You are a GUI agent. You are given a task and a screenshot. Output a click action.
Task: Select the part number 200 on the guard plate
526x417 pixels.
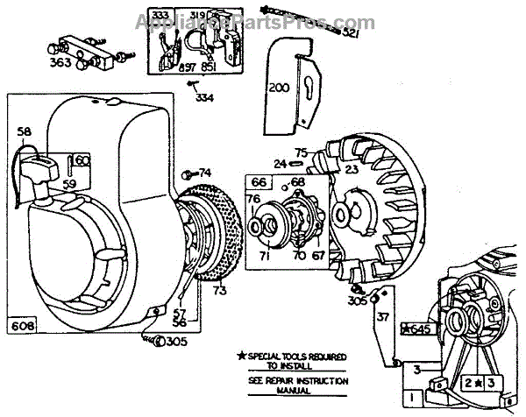279,88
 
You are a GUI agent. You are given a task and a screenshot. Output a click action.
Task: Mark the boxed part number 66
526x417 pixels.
259,181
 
